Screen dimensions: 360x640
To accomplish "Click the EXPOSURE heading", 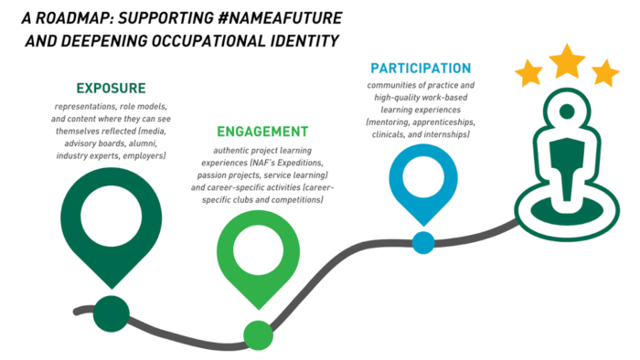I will pos(111,89).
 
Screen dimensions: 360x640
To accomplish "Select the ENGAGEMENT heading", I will pos(262,132).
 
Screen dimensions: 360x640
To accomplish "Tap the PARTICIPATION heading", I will pos(421,69).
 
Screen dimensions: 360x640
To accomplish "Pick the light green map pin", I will pos(258,255).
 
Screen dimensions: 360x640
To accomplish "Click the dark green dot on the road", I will pos(111,312).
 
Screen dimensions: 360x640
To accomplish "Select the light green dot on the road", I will pos(258,335).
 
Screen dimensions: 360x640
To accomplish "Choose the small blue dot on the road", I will pos(422,242).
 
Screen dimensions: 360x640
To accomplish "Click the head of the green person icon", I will pos(567,112).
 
